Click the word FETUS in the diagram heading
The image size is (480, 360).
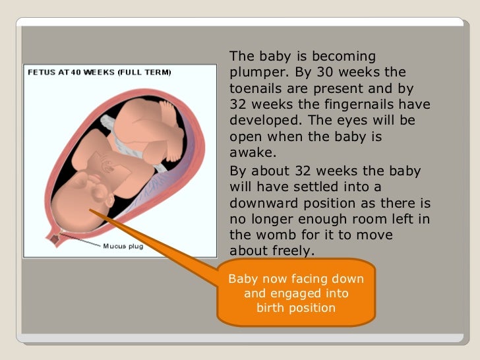pyautogui.click(x=40, y=73)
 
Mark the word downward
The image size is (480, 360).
pyautogui.click(x=264, y=202)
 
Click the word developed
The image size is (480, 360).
pyautogui.click(x=264, y=121)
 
